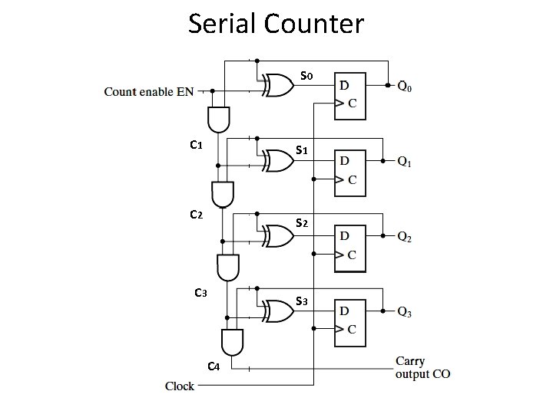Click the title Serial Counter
(276, 25)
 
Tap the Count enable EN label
(149, 92)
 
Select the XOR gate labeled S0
(276, 86)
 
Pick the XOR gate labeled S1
(276, 161)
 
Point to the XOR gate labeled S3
(276, 310)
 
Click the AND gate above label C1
(217, 118)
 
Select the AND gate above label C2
(223, 194)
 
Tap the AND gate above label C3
(228, 267)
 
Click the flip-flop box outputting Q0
(350, 97)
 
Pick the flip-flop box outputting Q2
(350, 247)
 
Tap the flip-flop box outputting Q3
(350, 320)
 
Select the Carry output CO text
(422, 368)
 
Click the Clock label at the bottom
(180, 386)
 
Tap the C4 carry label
(214, 366)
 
